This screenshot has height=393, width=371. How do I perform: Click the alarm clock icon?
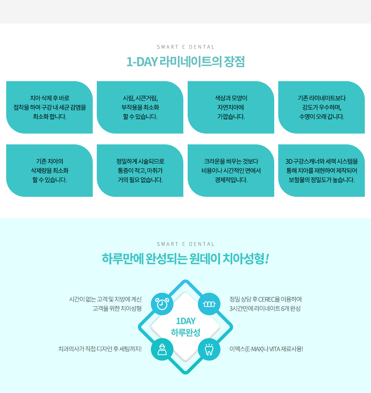click(162, 304)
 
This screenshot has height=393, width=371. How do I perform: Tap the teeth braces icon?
click(209, 304)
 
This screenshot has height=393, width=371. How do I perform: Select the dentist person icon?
click(162, 350)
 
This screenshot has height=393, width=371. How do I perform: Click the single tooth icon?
click(209, 350)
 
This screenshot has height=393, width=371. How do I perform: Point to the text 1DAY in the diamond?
click(186, 321)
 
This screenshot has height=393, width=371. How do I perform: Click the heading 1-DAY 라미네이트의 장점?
click(185, 62)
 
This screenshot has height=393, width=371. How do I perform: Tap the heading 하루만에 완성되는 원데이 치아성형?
click(185, 259)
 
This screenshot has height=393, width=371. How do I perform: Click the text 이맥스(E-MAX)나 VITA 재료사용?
click(266, 349)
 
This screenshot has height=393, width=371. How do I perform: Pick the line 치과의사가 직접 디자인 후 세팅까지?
click(100, 349)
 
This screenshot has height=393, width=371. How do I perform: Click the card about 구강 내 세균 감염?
click(49, 107)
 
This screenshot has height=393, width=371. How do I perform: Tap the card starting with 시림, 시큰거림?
click(140, 107)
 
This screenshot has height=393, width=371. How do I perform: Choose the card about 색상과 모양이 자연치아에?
click(231, 107)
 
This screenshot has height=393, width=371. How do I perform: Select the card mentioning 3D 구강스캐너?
click(322, 171)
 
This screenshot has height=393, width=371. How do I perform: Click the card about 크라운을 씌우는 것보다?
click(231, 171)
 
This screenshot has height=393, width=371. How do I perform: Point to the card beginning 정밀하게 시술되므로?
click(140, 171)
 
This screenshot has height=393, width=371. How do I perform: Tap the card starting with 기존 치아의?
click(49, 171)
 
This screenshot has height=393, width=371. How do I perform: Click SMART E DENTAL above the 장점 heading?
click(185, 47)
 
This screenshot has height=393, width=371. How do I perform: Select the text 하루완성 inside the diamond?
click(186, 332)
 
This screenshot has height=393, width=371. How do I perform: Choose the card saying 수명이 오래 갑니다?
click(322, 107)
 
